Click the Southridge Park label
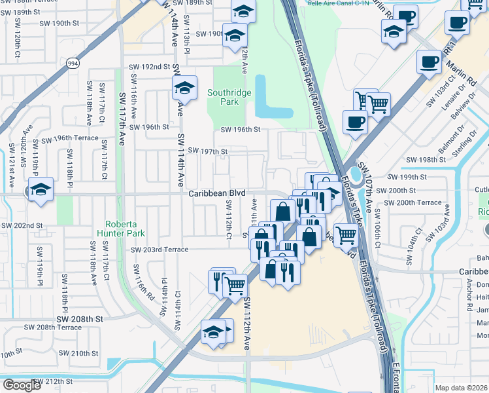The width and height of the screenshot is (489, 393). (229, 98)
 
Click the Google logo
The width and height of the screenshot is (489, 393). (22, 385)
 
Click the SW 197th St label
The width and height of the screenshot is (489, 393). (208, 151)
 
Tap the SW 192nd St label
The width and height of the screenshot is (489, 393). (149, 67)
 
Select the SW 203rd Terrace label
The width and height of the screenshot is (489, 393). (160, 250)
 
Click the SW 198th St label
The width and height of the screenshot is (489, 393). (425, 160)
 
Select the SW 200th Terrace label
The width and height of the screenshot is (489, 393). (413, 202)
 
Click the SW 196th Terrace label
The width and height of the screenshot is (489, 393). (70, 139)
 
